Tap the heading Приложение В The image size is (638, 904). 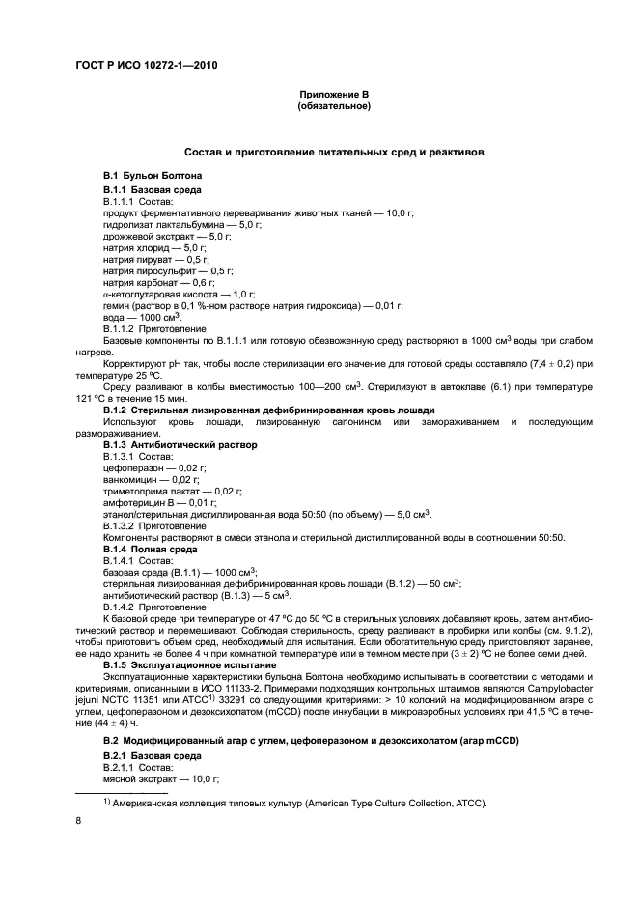[x=334, y=94]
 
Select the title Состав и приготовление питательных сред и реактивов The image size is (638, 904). [x=334, y=152]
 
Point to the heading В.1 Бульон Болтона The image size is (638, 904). [x=153, y=175]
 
